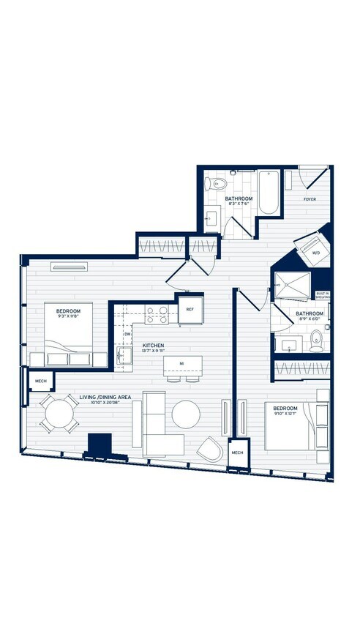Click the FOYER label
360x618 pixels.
[310, 198]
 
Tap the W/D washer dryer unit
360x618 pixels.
[316, 253]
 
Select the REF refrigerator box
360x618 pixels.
[190, 309]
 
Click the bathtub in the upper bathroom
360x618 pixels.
[269, 193]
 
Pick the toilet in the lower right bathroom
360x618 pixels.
[316, 338]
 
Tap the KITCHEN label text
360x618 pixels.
[153, 345]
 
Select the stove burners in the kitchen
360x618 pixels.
[156, 315]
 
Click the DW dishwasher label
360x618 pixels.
[127, 334]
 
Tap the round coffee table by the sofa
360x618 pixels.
[186, 414]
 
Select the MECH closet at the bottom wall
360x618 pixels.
[236, 453]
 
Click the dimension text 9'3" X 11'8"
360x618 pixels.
[69, 316]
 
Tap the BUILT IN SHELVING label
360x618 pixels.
[322, 295]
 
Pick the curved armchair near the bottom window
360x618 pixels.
[210, 447]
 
